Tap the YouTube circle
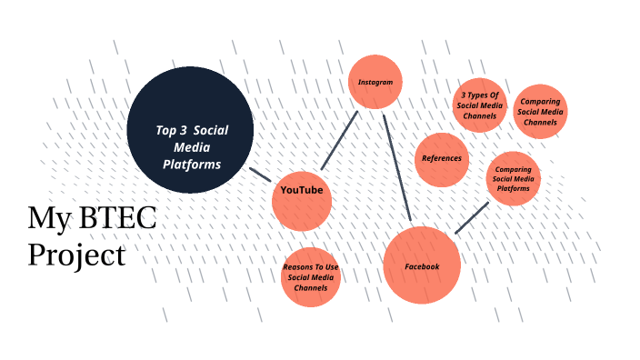(x=302, y=200)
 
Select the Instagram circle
(x=375, y=82)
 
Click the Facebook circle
(x=422, y=265)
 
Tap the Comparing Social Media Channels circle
(x=540, y=112)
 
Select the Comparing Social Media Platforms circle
(x=514, y=178)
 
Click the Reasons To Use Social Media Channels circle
(x=311, y=276)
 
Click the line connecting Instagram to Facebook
(x=397, y=168)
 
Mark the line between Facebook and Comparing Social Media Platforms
(x=472, y=217)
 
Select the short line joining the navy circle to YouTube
(x=260, y=175)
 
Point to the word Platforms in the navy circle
(x=192, y=165)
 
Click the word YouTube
(x=302, y=190)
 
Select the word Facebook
(x=422, y=266)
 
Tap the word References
(x=442, y=158)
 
